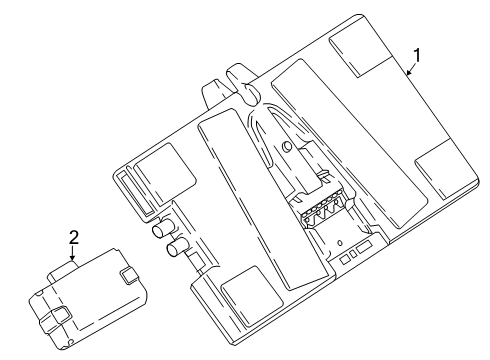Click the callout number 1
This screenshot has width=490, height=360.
(418, 56)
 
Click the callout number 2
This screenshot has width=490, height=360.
(73, 237)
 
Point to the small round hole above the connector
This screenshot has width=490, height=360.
(286, 148)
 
